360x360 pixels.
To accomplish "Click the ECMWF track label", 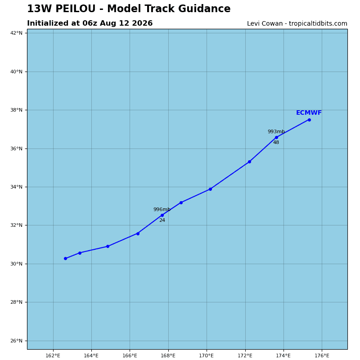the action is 309,113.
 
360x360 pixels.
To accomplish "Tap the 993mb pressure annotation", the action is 276,131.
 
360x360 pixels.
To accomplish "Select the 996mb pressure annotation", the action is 162,209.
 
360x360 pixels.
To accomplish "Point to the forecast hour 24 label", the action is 162,220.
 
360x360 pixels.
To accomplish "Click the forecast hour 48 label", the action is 276,142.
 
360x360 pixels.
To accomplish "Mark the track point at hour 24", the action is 162,216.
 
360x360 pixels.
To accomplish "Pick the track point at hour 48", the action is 276,138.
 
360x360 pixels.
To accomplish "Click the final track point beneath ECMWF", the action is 309,120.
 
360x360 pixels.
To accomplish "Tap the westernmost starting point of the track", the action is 65,258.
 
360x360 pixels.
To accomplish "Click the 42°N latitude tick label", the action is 16,33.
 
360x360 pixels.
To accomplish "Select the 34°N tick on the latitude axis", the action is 16,187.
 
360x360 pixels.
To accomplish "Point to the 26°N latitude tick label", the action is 16,341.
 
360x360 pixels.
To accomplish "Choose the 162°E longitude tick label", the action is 53,355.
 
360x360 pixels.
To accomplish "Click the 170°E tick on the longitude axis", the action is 207,355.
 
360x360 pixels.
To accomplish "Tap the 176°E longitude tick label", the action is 322,355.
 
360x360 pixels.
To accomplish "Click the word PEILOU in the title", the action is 75,9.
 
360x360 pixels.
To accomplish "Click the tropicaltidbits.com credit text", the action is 318,24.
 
